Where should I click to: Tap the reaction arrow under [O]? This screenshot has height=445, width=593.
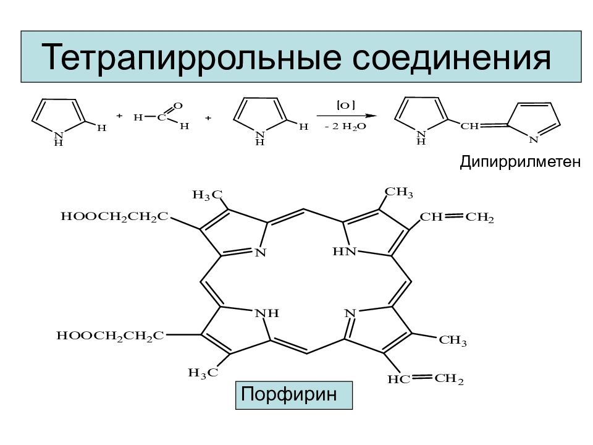coord(347,116)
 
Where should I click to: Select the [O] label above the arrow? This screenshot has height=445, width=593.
coord(346,105)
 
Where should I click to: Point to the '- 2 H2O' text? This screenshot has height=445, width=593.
coord(345,127)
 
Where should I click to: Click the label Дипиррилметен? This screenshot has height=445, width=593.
coord(520,162)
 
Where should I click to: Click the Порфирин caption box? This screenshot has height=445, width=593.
coord(294,395)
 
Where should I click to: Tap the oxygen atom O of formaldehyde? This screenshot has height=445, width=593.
coord(178,106)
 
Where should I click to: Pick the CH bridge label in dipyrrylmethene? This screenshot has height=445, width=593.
coord(469,126)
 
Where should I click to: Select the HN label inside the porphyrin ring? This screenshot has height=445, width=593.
coord(345,252)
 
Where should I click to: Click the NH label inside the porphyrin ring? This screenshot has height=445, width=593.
coord(267,313)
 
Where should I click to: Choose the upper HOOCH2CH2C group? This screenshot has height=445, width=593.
coord(114,217)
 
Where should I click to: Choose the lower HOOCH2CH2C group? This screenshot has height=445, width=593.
coord(110,336)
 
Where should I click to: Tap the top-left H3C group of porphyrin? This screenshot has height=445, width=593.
coord(208,195)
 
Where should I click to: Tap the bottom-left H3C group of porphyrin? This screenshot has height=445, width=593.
coord(203,373)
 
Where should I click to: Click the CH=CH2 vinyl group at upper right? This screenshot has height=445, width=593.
coord(457,217)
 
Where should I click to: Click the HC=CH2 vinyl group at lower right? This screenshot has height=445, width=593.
coord(426,379)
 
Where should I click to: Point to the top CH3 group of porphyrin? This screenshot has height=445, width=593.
coord(399,192)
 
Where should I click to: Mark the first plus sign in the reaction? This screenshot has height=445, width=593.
coord(119,116)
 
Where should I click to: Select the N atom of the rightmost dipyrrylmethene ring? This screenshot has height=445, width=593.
coord(533,140)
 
